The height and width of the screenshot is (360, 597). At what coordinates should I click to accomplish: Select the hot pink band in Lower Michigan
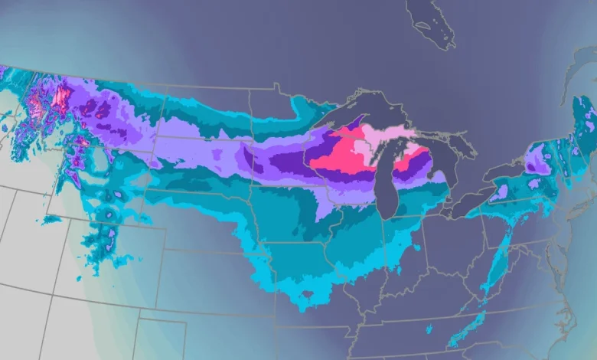pyautogui.click(x=417, y=161)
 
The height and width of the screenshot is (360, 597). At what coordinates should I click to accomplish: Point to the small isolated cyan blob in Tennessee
pyautogui.click(x=429, y=329)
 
